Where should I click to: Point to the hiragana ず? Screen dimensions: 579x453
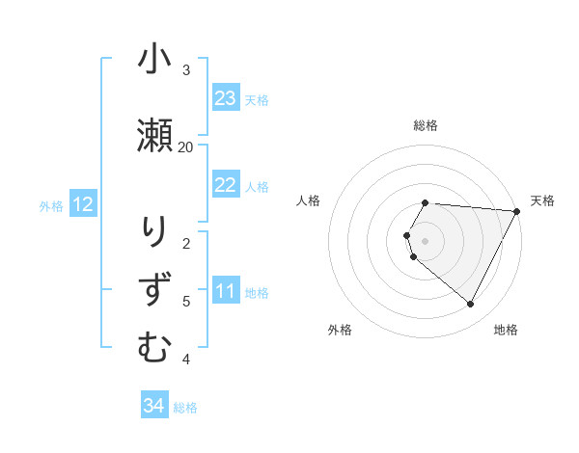pos(153,289)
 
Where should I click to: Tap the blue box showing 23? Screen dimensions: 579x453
pos(226,98)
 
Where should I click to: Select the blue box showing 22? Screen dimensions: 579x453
pos(226,186)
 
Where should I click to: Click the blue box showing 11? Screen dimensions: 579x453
pos(226,292)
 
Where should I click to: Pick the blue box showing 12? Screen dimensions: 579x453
pos(83,204)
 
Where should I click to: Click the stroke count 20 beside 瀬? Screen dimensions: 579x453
pos(186,147)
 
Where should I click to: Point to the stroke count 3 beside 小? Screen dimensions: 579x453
pos(186,69)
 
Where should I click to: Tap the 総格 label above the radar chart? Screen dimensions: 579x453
pos(426,125)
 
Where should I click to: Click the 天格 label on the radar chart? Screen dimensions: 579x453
pos(542,200)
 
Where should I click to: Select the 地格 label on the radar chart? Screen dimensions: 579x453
pos(506,330)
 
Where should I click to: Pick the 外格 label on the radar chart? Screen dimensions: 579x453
pos(340,330)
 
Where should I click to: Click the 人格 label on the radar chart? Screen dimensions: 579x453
pos(309,200)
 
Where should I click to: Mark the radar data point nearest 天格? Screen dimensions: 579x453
pos(517,211)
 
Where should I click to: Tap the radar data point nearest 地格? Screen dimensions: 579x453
pos(471,305)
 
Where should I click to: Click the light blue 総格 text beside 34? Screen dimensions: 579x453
pos(185,408)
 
